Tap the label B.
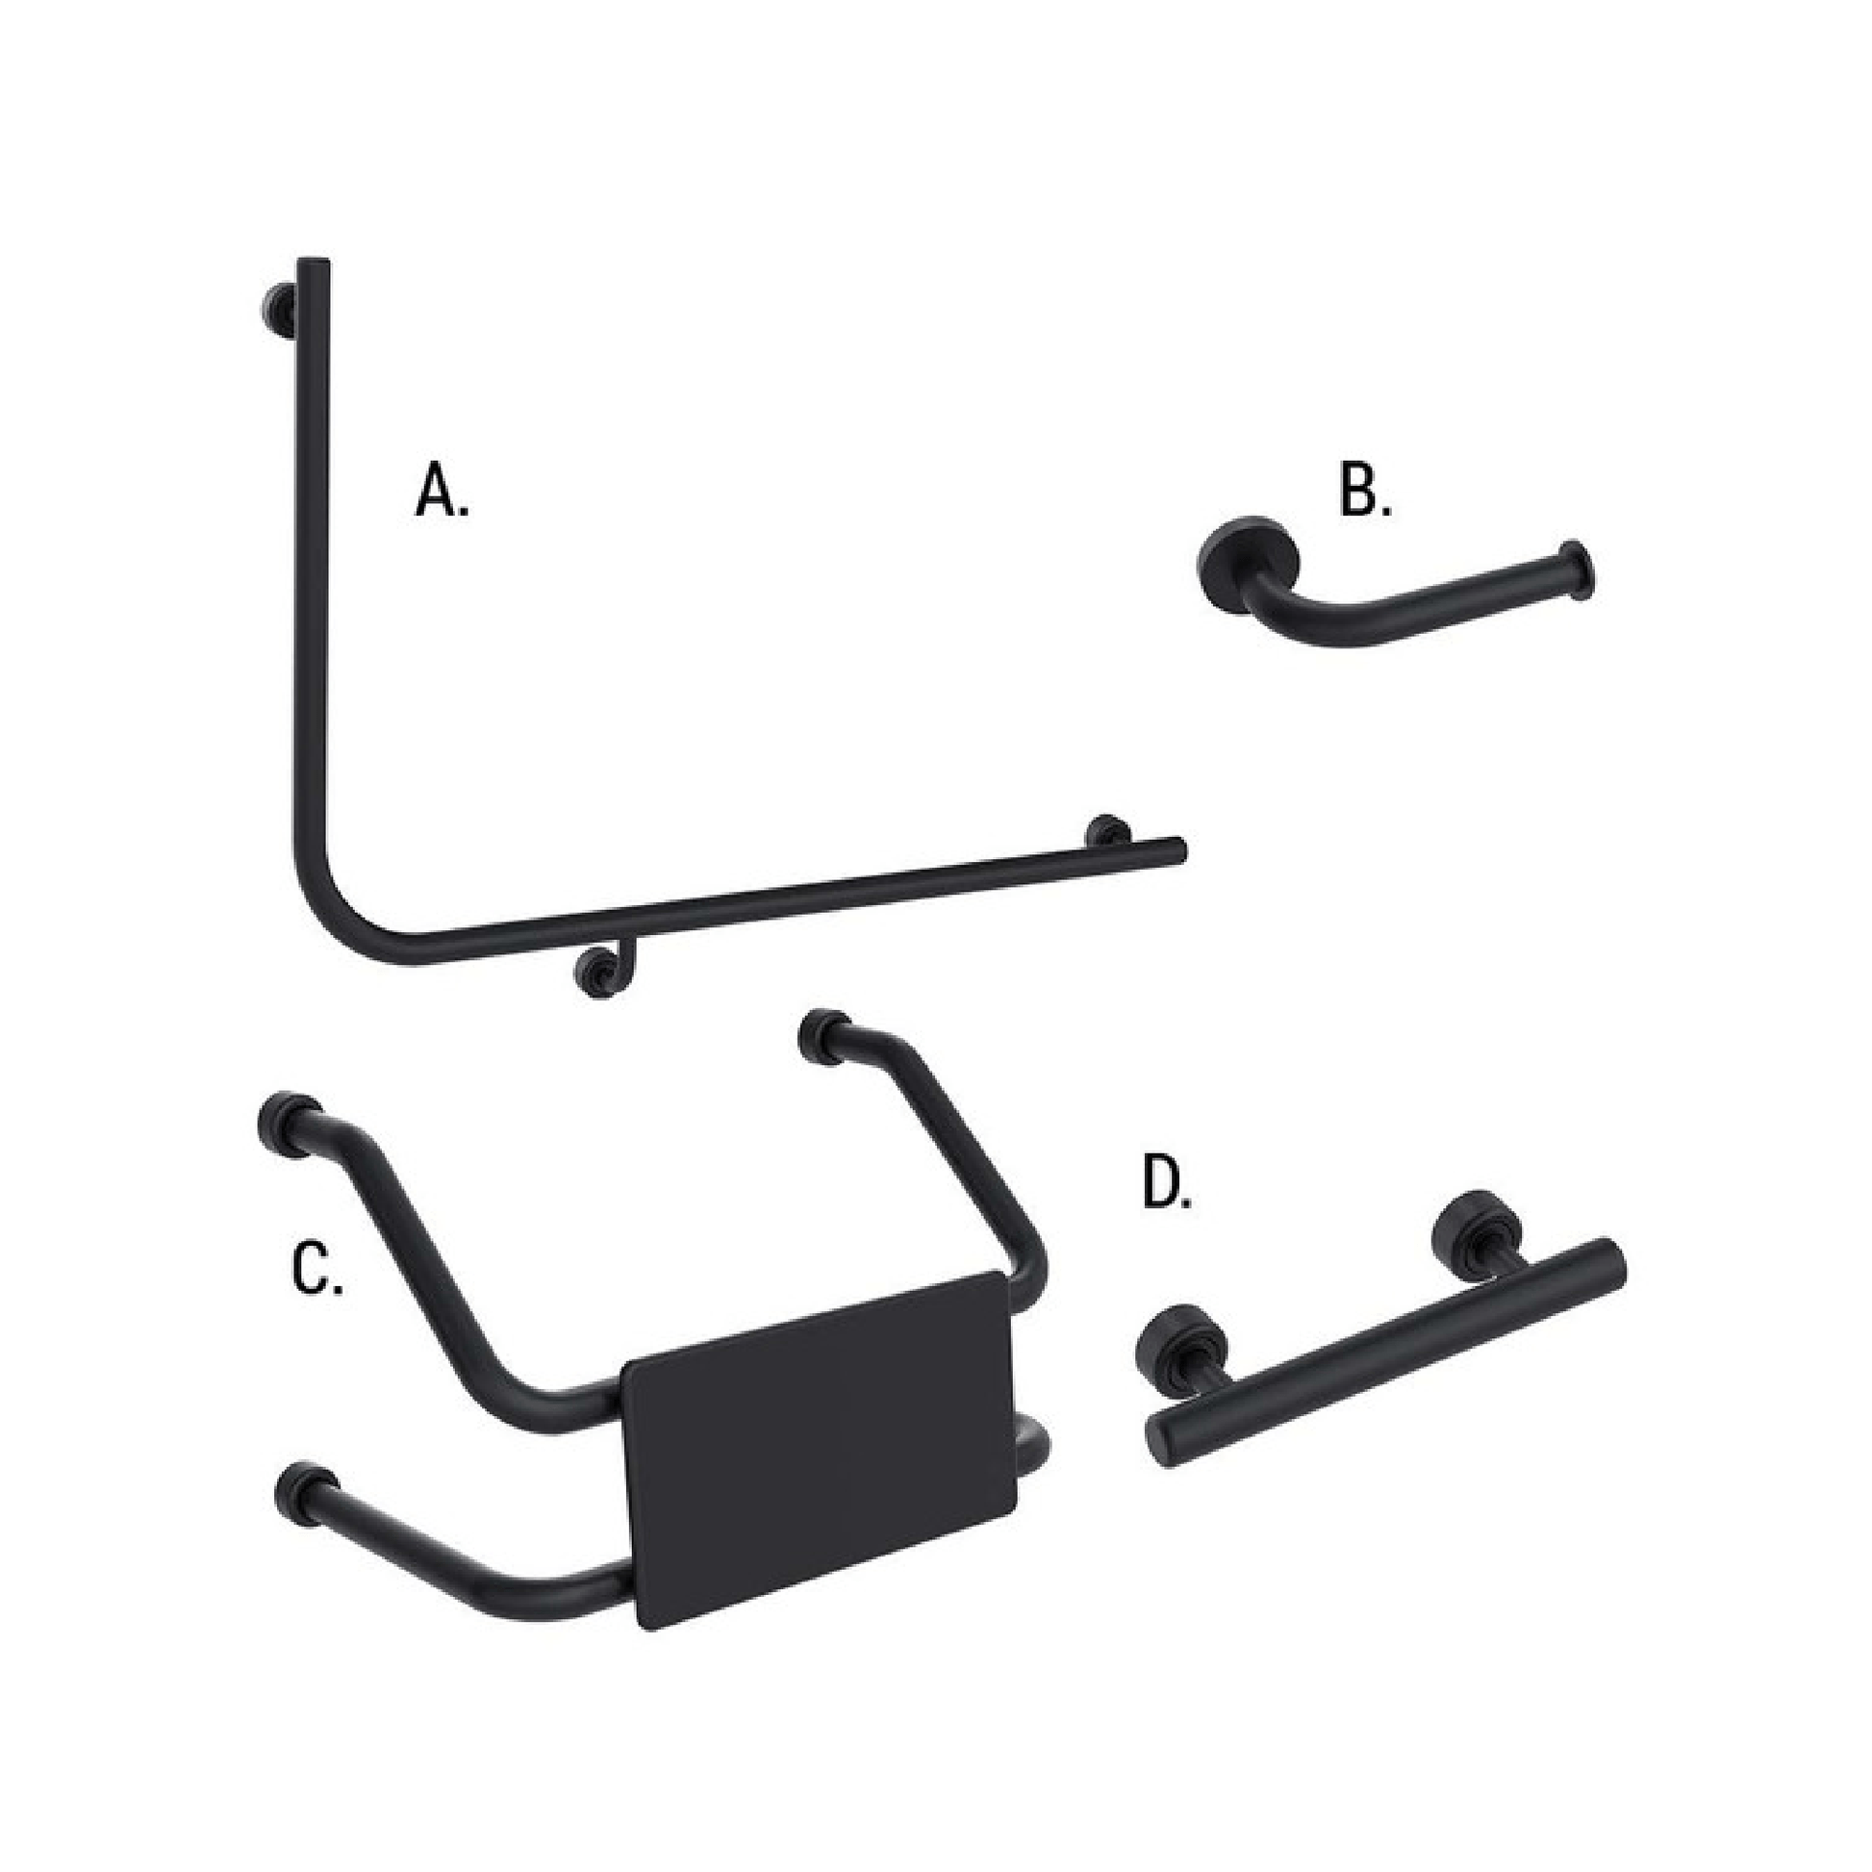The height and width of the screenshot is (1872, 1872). [1364, 491]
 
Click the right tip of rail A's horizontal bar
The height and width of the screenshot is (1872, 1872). [1179, 848]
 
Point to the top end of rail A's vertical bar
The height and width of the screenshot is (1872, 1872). [313, 264]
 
